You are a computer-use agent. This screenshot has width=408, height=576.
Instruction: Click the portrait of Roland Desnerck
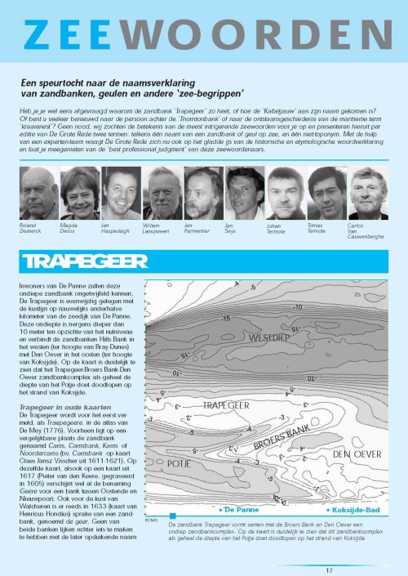[38, 194]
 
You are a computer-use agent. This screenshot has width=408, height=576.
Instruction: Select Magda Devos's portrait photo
[80, 194]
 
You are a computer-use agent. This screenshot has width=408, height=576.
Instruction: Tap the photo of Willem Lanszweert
[162, 194]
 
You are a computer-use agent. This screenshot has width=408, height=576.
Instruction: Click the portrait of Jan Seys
[245, 194]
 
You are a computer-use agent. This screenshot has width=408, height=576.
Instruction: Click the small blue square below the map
[172, 515]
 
